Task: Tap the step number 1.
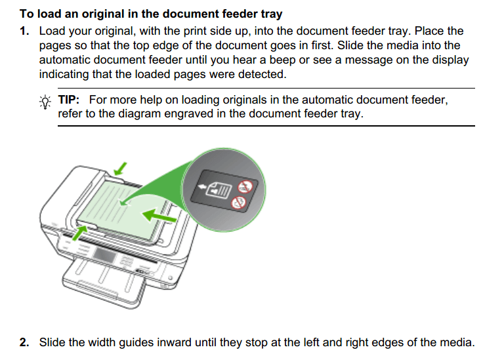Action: point(24,31)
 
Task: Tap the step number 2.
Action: point(24,342)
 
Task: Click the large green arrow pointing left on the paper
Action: point(159,214)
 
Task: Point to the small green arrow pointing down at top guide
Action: point(119,170)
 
